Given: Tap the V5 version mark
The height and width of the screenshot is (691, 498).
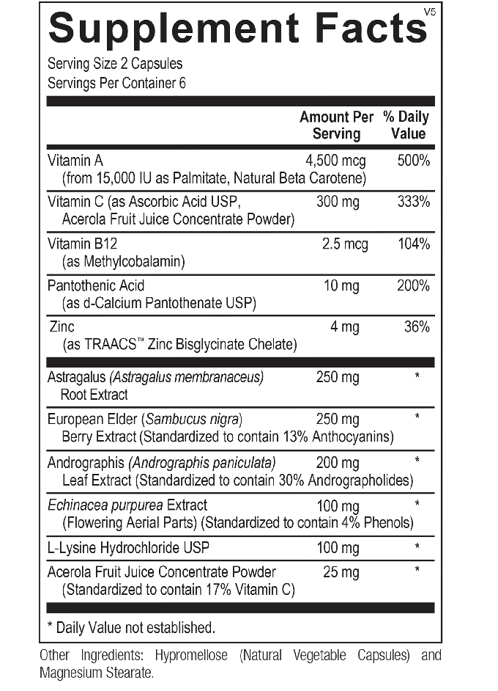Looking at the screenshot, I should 430,10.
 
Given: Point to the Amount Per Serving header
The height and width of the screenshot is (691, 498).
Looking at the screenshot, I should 336,125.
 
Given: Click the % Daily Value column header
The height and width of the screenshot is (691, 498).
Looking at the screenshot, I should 407,125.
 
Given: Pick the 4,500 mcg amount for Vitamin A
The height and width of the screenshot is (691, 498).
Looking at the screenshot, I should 335,161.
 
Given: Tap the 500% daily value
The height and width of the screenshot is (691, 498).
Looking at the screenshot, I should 413,161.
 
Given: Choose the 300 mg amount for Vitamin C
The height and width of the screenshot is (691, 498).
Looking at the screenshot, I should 338,202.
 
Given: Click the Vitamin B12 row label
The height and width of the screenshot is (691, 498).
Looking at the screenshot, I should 78,244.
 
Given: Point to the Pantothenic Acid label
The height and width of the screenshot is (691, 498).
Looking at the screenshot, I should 96,285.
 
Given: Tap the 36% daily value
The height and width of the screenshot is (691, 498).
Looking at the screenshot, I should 416,327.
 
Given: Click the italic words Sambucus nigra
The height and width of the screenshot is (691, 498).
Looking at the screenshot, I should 193,420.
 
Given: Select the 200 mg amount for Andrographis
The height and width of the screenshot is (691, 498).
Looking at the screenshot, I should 338,462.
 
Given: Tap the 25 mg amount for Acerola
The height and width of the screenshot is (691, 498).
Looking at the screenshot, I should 341,571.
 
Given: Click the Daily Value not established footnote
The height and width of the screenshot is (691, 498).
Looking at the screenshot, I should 131,627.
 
